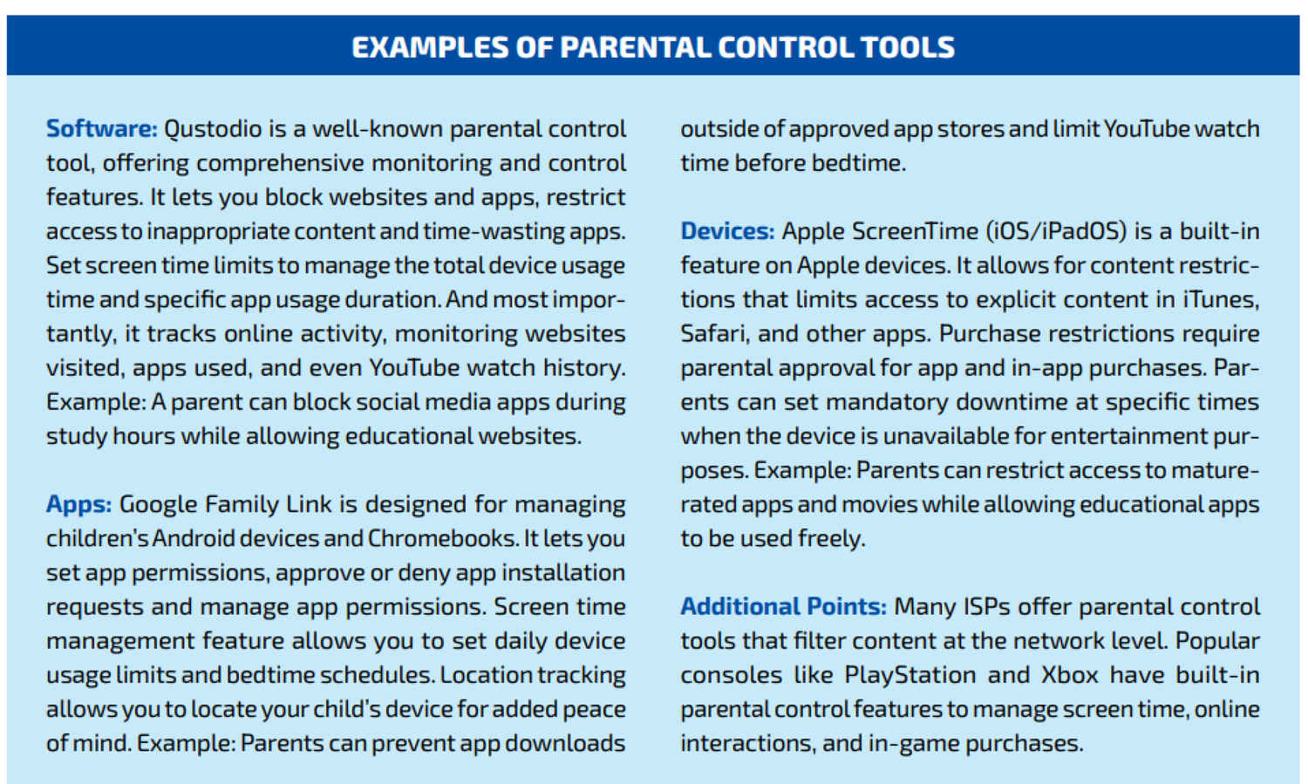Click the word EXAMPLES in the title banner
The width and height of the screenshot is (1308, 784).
(x=431, y=47)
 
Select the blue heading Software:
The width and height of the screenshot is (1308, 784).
(x=102, y=129)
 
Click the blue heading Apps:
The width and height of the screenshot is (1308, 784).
(x=78, y=505)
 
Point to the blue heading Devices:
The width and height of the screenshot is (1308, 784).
(x=727, y=231)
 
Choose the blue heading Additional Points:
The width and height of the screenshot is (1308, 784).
(x=784, y=607)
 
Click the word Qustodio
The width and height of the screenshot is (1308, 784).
(x=213, y=129)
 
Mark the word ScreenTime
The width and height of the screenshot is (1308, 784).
(x=915, y=231)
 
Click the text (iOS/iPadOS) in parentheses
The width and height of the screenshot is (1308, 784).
(x=1056, y=232)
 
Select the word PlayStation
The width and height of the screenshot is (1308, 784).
(x=910, y=676)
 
